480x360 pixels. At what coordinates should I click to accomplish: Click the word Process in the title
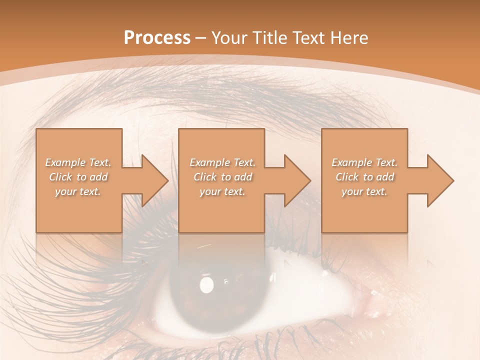(157, 38)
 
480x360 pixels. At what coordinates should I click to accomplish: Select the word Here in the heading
(349, 38)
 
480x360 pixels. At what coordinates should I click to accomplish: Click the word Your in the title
(229, 38)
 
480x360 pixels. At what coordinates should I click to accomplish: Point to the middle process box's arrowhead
(294, 180)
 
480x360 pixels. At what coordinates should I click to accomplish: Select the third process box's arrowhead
(437, 180)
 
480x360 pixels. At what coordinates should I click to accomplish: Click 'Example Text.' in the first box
(78, 162)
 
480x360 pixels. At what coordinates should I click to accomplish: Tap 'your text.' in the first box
(78, 191)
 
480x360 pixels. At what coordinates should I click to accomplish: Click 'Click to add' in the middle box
(222, 177)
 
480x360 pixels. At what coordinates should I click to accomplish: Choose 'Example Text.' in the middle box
(222, 162)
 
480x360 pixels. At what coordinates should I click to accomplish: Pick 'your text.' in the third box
(364, 191)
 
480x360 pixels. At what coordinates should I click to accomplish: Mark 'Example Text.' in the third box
(364, 162)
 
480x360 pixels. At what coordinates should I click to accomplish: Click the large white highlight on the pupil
(206, 284)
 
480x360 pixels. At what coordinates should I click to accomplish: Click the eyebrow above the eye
(210, 95)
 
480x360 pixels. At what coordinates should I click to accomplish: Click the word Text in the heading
(308, 38)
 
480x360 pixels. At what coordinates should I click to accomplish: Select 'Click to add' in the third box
(364, 177)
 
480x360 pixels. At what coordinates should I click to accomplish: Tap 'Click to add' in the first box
(78, 177)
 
